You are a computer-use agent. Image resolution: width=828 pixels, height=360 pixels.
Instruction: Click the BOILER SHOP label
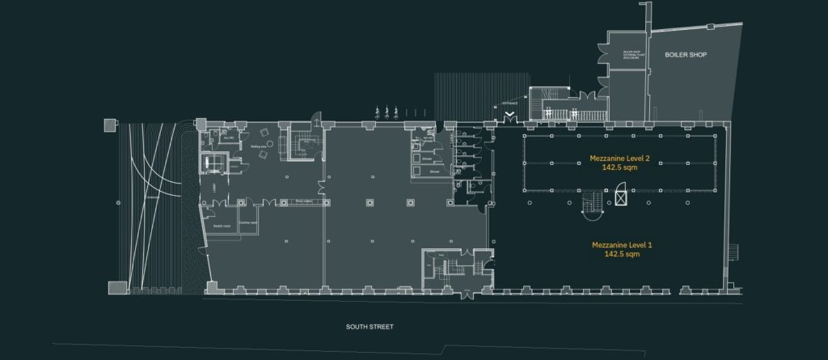click(x=685, y=55)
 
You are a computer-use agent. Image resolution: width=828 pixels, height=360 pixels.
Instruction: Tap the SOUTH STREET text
click(x=370, y=327)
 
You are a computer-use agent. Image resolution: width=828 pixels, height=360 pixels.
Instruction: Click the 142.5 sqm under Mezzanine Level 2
click(x=621, y=170)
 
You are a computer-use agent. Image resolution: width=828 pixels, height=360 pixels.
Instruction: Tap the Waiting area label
click(x=260, y=146)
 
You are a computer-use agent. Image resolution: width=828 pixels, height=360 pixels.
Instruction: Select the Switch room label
click(x=222, y=226)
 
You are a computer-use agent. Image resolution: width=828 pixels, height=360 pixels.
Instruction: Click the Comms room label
click(x=247, y=222)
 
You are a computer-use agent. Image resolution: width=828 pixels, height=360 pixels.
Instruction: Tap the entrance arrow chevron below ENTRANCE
click(x=509, y=118)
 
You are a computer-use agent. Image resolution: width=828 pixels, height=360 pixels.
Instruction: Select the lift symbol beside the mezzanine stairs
click(x=620, y=195)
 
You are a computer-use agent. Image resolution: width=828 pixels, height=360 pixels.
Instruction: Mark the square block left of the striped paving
click(x=108, y=125)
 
